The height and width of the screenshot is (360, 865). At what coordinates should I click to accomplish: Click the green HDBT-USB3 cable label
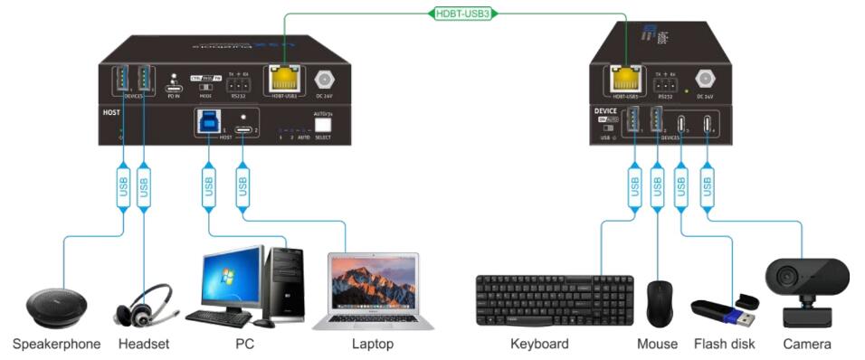[x=461, y=13]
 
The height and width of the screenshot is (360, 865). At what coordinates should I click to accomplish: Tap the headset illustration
[x=143, y=306]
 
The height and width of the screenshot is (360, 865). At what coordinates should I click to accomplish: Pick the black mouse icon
[x=659, y=303]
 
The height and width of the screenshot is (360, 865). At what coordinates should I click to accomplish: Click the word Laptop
[x=371, y=344]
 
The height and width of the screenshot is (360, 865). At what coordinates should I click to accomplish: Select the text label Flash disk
[x=724, y=344]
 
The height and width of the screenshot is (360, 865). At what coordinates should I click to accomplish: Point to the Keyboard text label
[x=539, y=344]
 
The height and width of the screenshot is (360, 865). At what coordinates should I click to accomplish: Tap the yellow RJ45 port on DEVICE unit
[x=624, y=77]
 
